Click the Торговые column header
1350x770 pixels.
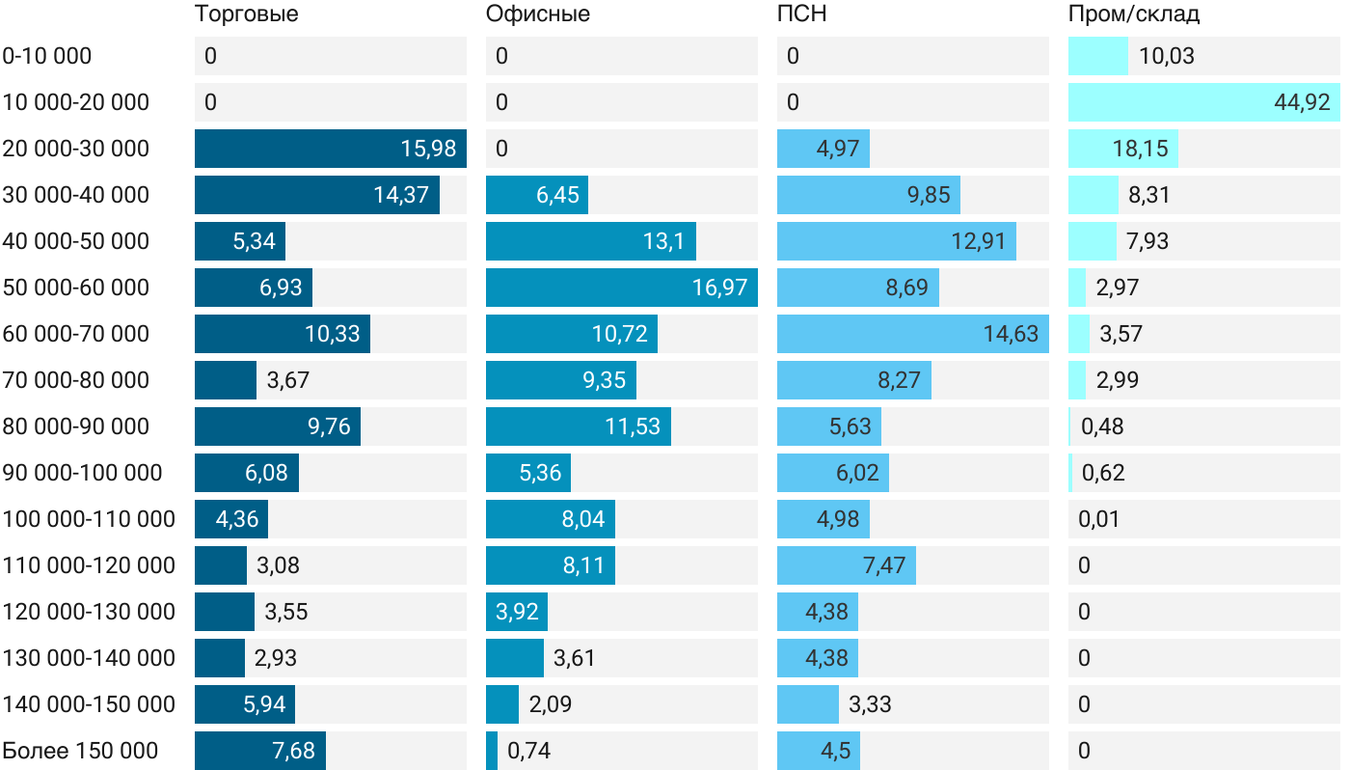246,14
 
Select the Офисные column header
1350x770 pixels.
537,14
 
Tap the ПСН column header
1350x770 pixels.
801,14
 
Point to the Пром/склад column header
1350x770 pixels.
1133,14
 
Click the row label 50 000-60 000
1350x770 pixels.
76,288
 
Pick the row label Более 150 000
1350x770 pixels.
80,751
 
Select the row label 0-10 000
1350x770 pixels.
47,56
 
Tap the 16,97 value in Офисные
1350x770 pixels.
719,288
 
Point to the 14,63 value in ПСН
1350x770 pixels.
1011,334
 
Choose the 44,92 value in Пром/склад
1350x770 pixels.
1302,102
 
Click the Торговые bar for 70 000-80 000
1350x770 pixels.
226,380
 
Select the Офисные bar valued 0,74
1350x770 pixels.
492,751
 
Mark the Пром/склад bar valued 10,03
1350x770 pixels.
1097,56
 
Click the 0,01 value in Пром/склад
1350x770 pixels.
1100,519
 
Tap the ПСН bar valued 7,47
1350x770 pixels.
846,565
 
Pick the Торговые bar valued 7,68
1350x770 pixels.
259,751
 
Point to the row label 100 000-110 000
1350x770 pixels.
89,519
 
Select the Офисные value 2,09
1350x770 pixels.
551,704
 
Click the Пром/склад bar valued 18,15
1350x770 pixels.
1122,149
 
